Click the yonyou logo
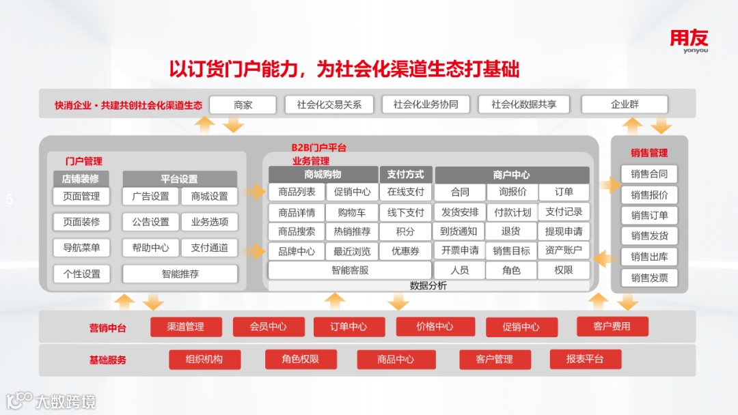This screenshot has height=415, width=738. pos(689,40)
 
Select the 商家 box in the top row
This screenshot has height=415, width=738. pos(243,104)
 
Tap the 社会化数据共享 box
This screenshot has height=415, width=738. pos(523,104)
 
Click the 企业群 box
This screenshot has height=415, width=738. pos(625,104)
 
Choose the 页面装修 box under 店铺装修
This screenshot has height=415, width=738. pos(81,222)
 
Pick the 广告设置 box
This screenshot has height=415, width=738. pos(150,197)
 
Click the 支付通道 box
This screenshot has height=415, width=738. pos(209,248)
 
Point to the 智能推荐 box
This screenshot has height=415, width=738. pos(180,274)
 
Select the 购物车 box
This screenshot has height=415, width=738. pos(351,212)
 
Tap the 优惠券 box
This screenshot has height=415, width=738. pos(405,251)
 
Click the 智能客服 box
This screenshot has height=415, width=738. pos(350,270)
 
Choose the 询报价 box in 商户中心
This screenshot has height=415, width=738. pos(512,192)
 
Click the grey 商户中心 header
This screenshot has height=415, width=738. pos(512,175)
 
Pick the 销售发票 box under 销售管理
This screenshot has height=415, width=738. pos(649,278)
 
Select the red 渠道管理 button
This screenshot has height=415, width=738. pos(186,327)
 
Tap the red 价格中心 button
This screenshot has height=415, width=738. pos(435,327)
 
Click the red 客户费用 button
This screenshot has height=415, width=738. pos(612,326)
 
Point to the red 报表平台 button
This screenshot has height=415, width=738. pos(585,359)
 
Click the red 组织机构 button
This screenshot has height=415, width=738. pos(204,359)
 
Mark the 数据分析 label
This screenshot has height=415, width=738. pos(428,286)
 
